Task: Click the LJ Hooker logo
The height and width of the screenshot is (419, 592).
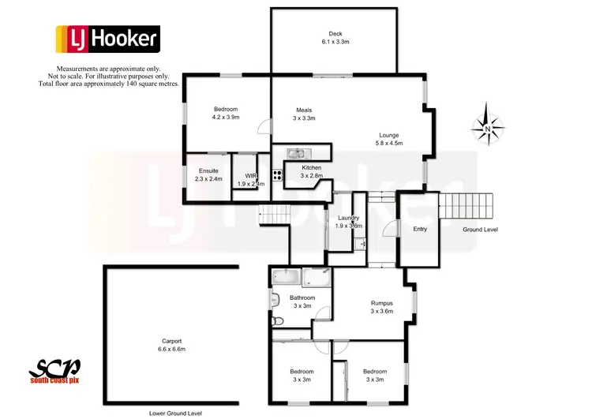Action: (107, 39)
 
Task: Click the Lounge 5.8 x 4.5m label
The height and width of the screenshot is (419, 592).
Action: (388, 140)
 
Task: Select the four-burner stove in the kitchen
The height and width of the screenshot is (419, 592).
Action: (277, 176)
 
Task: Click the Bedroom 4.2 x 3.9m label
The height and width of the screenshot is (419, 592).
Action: (226, 113)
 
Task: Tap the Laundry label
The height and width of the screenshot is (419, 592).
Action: (349, 221)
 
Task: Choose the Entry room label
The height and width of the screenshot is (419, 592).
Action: (420, 229)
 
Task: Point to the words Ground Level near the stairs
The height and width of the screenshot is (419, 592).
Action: (480, 230)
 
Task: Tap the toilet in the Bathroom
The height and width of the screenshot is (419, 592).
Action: (276, 321)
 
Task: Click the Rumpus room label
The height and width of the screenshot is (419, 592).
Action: (382, 307)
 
